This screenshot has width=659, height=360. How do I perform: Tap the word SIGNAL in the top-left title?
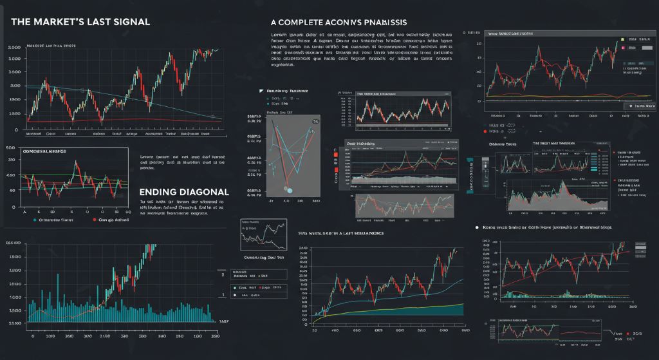tap(129, 22)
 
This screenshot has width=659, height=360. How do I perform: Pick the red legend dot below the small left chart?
tap(94, 220)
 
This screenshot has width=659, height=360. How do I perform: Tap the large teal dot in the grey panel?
tap(289, 190)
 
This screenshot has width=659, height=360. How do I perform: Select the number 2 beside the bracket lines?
tap(223, 274)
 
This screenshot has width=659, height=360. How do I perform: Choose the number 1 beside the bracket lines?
tap(223, 294)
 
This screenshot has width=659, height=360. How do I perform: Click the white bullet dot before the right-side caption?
tap(477, 227)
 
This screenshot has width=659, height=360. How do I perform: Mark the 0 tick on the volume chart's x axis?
tap(32, 336)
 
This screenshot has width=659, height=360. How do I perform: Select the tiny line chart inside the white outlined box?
tap(263, 234)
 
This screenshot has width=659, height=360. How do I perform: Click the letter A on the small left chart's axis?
tap(24, 211)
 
